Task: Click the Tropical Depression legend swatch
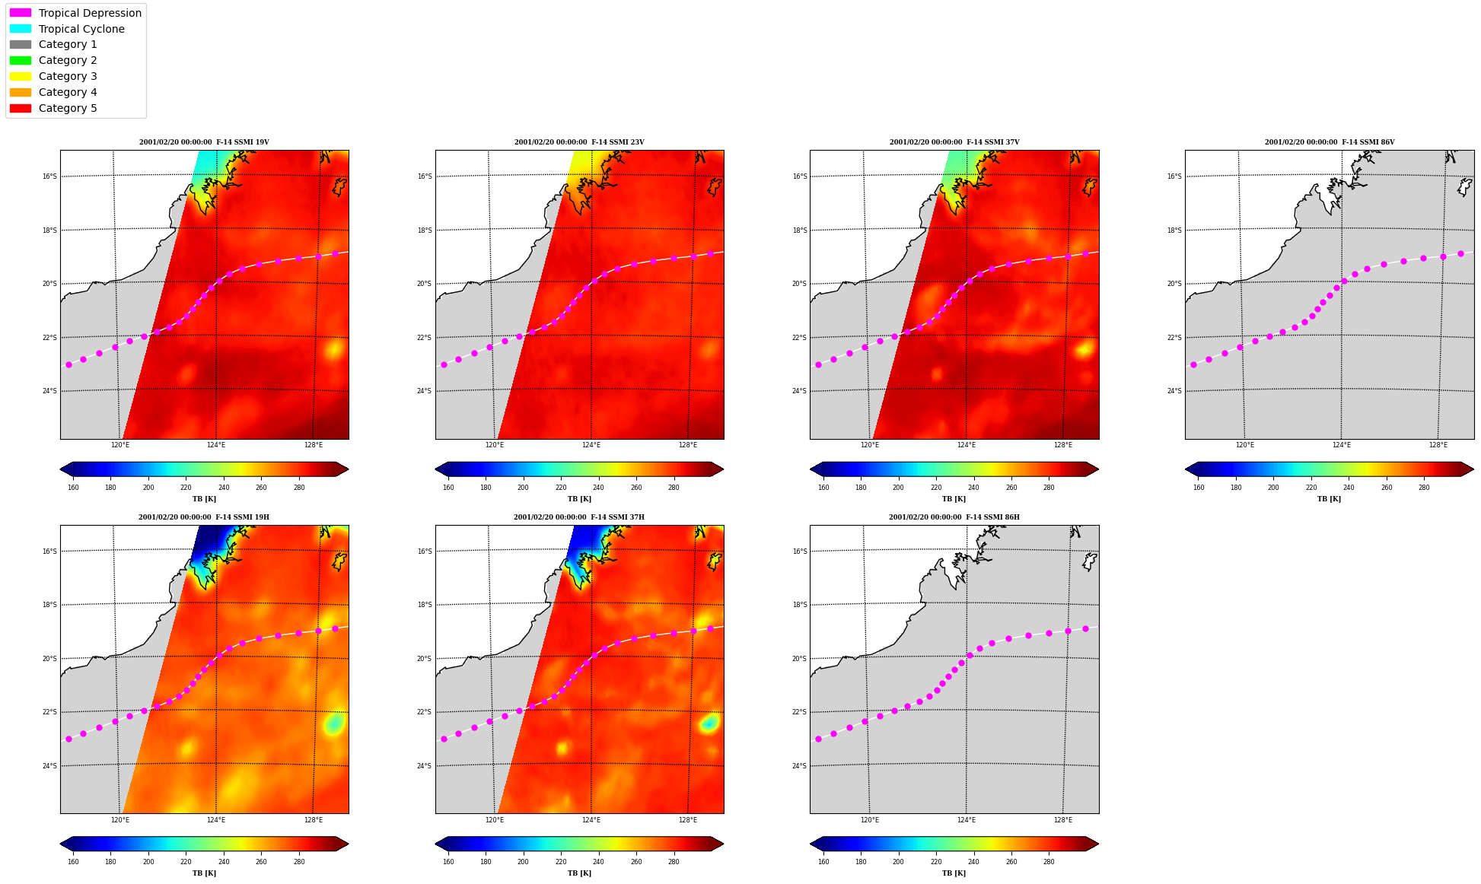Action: [x=21, y=13]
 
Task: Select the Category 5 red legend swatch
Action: [x=21, y=108]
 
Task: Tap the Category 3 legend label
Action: [x=68, y=76]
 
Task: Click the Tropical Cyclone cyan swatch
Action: [x=21, y=29]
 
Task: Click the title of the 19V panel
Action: [x=204, y=142]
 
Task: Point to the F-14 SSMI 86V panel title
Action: [x=1330, y=142]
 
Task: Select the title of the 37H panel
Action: [x=579, y=517]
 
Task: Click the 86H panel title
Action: [x=954, y=517]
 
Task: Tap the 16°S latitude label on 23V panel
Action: [x=425, y=176]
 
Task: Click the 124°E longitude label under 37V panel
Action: [x=966, y=445]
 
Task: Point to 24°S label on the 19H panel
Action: [x=49, y=766]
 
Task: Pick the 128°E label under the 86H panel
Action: [x=1063, y=820]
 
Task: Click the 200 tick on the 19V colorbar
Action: [x=148, y=488]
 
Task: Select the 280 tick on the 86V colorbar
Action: [x=1424, y=488]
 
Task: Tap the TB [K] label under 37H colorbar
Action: [x=579, y=873]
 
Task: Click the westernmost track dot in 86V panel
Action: [x=1193, y=365]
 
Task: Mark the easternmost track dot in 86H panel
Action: [x=1085, y=628]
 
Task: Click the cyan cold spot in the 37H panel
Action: [x=709, y=723]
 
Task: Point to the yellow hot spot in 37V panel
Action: [x=1084, y=349]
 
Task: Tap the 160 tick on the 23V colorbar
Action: [x=448, y=488]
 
